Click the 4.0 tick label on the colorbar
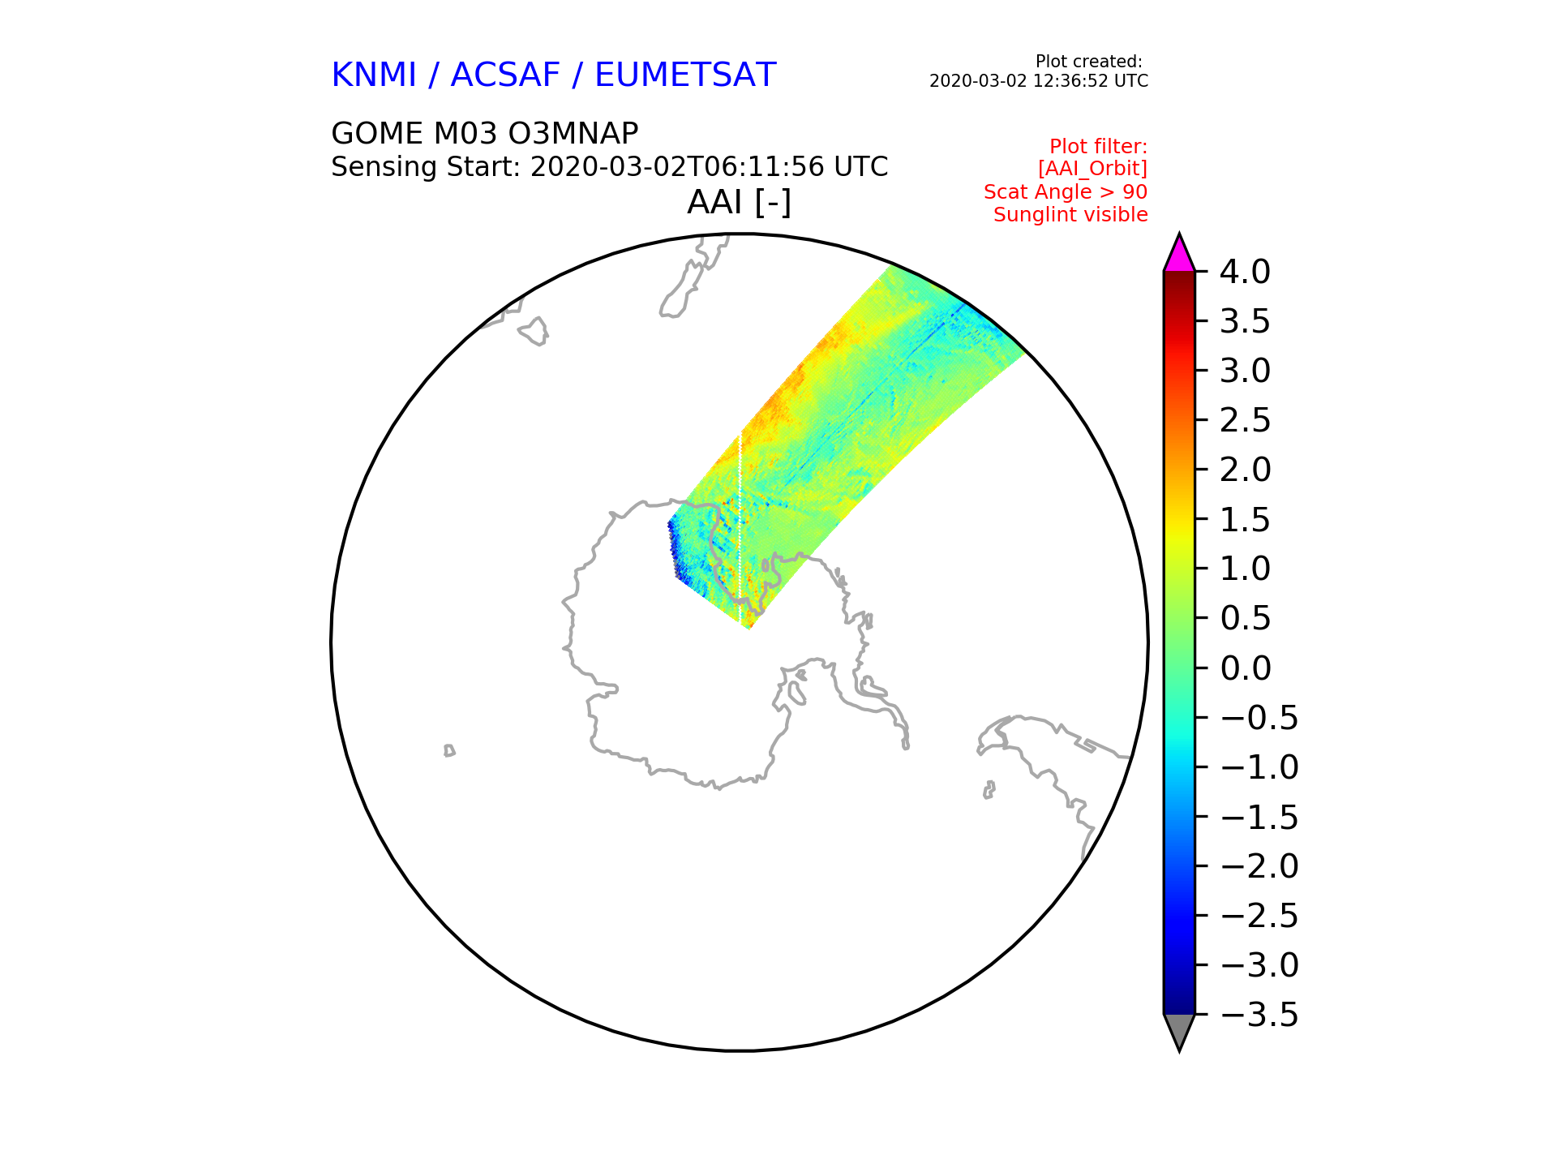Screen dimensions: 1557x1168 pos(1245,273)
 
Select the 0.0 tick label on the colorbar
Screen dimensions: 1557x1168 pos(1245,668)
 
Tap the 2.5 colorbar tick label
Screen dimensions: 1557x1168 pos(1245,421)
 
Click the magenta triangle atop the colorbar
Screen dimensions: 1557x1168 pos(1179,255)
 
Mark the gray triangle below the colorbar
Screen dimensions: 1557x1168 pos(1179,1031)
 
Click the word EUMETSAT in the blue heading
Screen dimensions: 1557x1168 pos(685,75)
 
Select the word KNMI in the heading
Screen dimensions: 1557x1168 pos(374,75)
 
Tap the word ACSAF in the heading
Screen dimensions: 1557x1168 pos(505,75)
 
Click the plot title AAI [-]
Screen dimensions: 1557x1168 pos(739,202)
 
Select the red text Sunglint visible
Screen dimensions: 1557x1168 pos(1070,215)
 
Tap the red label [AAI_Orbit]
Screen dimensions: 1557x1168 pos(1092,169)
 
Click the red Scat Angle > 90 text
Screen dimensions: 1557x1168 pos(1066,192)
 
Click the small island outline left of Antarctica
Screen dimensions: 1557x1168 pos(449,750)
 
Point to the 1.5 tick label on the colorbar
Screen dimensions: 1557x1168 pos(1245,520)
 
